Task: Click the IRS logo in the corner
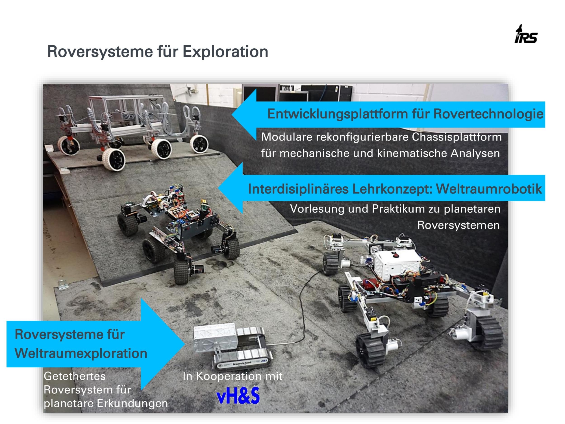pyautogui.click(x=526, y=34)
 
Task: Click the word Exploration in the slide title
pyautogui.click(x=225, y=52)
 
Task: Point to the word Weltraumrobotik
pyautogui.click(x=489, y=189)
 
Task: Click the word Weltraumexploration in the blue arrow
pyautogui.click(x=81, y=353)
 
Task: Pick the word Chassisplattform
pyautogui.click(x=457, y=137)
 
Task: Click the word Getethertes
pyautogui.click(x=75, y=377)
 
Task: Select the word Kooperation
pyautogui.click(x=229, y=376)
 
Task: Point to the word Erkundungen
pyautogui.click(x=132, y=403)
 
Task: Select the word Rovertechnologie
pyautogui.click(x=488, y=114)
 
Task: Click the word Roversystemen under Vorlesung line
pyautogui.click(x=458, y=225)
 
